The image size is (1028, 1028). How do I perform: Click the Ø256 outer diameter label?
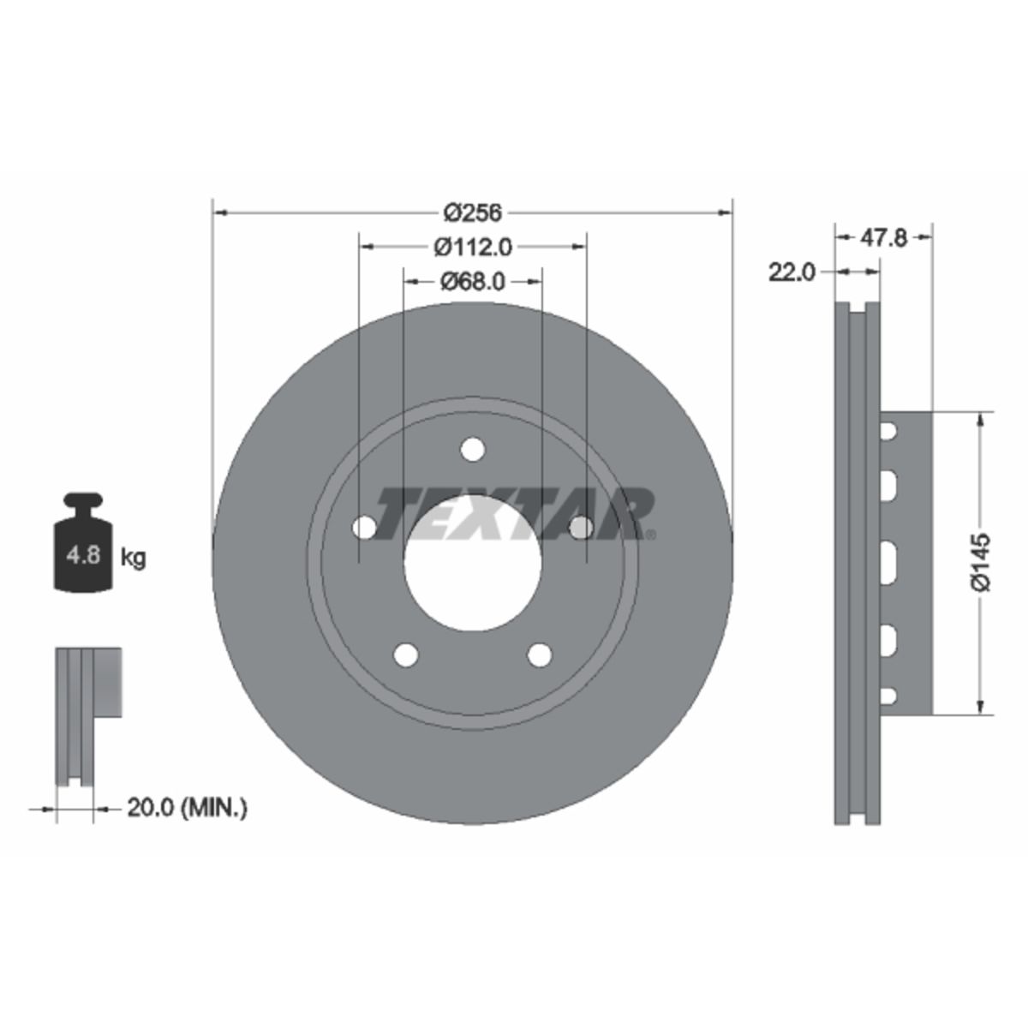(x=473, y=212)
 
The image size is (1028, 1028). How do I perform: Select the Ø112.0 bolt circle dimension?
(x=473, y=247)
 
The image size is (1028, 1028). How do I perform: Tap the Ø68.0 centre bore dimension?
(x=473, y=281)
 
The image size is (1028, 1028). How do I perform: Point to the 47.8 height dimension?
(x=883, y=238)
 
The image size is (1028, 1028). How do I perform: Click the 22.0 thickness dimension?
(x=792, y=272)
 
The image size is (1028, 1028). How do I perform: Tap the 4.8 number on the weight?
(x=83, y=556)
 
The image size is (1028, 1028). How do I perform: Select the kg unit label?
(x=133, y=558)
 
